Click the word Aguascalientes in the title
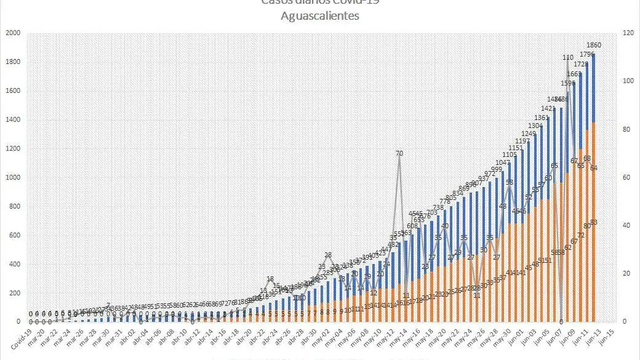(x=320, y=16)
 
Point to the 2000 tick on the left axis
(x=13, y=33)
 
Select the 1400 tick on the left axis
(x=13, y=120)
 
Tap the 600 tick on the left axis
(x=14, y=236)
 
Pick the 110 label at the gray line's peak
(x=567, y=58)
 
